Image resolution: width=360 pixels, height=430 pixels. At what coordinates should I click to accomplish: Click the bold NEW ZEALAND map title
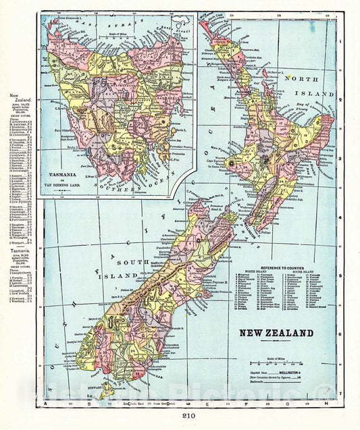(x=277, y=333)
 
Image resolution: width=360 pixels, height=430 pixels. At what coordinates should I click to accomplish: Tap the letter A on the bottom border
(x=46, y=404)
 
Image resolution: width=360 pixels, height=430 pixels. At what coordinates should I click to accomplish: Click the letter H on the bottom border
(x=328, y=404)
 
